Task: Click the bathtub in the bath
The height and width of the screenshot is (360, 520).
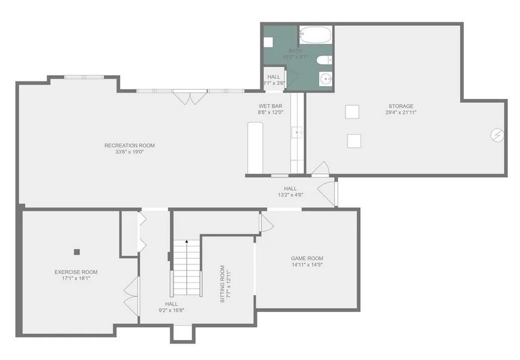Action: click(x=315, y=35)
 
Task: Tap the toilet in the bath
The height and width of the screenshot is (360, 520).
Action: click(x=325, y=60)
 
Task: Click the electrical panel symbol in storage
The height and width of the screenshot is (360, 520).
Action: click(x=497, y=135)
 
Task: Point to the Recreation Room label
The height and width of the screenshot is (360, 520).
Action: click(x=130, y=146)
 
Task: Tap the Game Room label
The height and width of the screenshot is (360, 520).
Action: click(x=307, y=258)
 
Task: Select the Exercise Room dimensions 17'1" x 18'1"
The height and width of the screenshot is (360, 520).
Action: click(x=76, y=278)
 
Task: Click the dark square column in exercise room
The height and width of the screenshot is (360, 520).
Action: click(x=77, y=252)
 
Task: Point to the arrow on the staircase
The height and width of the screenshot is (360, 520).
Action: click(x=187, y=243)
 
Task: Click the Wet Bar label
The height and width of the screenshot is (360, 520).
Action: click(x=270, y=106)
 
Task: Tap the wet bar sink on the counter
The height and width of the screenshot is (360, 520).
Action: click(x=297, y=132)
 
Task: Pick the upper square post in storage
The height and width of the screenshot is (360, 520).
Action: click(x=352, y=112)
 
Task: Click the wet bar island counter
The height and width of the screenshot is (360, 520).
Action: click(x=255, y=147)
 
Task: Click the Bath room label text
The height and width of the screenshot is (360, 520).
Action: click(x=295, y=51)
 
